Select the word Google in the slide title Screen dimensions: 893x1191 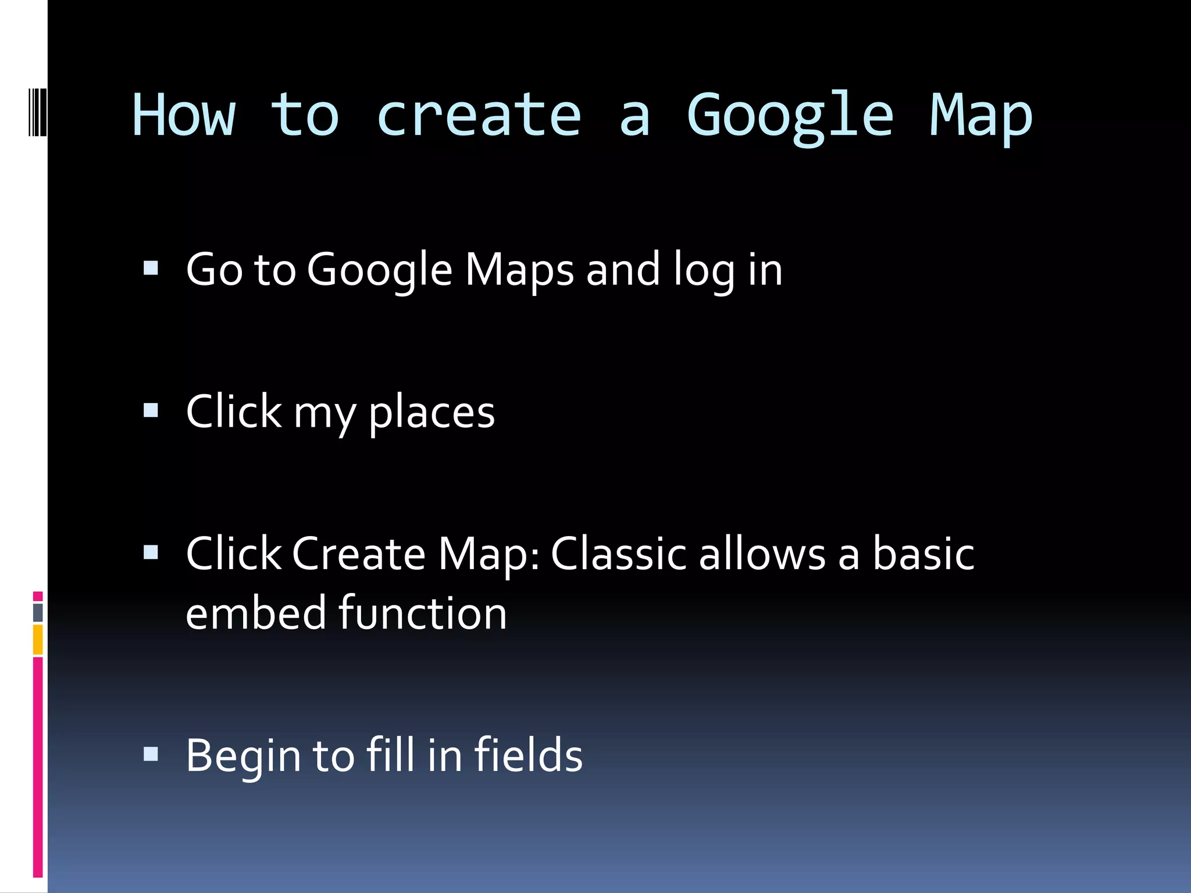tap(790, 116)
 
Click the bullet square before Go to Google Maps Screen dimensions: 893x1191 tap(151, 268)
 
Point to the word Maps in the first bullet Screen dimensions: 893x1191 tap(519, 270)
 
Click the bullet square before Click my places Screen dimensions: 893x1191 tap(151, 410)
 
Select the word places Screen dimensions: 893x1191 tap(432, 413)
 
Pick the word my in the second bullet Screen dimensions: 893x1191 tap(325, 414)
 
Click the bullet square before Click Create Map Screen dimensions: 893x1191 tap(151, 552)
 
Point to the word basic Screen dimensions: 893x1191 tap(923, 553)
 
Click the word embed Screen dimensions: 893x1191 tap(256, 613)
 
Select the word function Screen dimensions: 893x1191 tap(423, 613)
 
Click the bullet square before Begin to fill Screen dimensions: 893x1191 tap(151, 754)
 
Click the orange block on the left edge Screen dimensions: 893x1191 tap(38, 639)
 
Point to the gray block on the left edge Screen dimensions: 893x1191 tap(38, 612)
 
